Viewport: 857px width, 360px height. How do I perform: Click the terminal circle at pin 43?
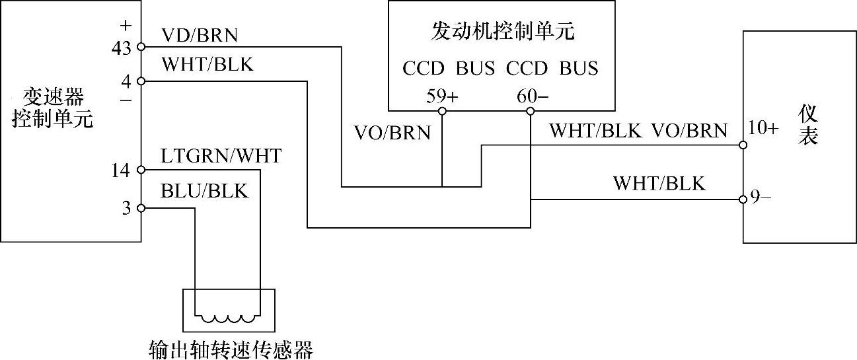(x=141, y=47)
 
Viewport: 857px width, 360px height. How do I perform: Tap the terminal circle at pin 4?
(x=141, y=81)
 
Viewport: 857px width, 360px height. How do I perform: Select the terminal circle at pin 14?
(x=141, y=170)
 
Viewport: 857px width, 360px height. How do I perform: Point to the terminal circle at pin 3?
(x=141, y=208)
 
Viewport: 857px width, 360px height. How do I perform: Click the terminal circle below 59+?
(x=442, y=110)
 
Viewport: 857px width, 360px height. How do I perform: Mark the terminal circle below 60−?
(x=530, y=110)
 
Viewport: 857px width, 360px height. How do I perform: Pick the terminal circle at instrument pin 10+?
(x=743, y=145)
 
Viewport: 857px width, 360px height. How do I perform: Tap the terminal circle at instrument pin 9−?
(x=743, y=199)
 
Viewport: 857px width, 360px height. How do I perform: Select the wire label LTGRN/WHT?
(x=221, y=157)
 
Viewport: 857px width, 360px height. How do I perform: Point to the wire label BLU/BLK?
(x=204, y=191)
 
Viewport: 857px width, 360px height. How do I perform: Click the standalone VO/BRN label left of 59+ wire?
(x=392, y=133)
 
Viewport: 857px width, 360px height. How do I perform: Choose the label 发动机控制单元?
(x=502, y=32)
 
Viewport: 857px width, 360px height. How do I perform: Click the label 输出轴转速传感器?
(x=231, y=349)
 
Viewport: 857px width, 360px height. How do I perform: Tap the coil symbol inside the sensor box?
(x=228, y=318)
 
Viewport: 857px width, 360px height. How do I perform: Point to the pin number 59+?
(x=441, y=96)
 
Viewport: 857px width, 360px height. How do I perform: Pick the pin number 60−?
(x=532, y=96)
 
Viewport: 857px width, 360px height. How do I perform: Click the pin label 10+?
(x=764, y=127)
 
